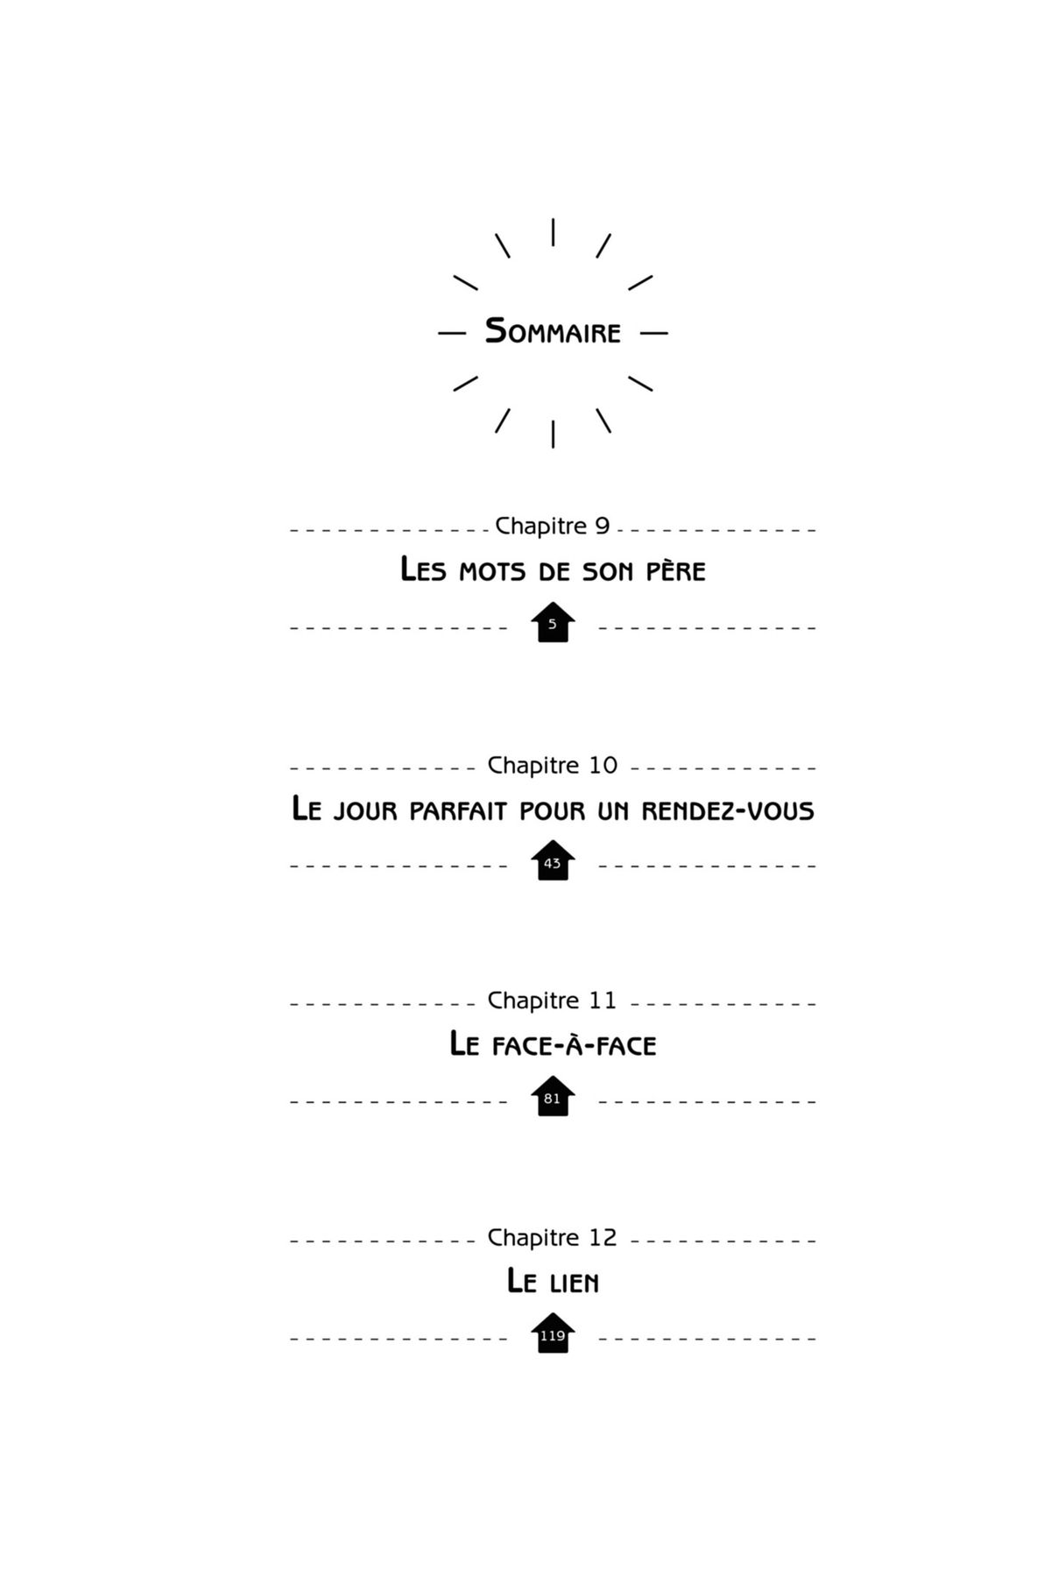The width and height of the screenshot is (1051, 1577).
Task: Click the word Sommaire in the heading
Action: (553, 332)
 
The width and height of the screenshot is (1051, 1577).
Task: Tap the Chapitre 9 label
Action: (553, 526)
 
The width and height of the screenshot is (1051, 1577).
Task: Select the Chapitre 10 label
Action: (553, 765)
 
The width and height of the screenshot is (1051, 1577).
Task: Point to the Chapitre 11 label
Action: (553, 1000)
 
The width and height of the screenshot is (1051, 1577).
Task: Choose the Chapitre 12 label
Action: (553, 1237)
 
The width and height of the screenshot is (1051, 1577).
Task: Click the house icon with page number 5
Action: (553, 622)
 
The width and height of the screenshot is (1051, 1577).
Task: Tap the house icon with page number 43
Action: (553, 860)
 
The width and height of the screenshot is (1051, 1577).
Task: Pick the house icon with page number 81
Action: (553, 1096)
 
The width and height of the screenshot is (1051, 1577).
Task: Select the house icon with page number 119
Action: (553, 1333)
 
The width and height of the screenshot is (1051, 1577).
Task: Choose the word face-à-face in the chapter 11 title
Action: (574, 1044)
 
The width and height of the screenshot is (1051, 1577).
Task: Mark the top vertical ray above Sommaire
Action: (553, 232)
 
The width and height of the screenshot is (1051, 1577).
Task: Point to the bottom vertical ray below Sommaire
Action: (553, 434)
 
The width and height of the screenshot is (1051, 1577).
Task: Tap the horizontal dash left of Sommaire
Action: (452, 333)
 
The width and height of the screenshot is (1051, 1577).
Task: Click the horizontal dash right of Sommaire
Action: (653, 333)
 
